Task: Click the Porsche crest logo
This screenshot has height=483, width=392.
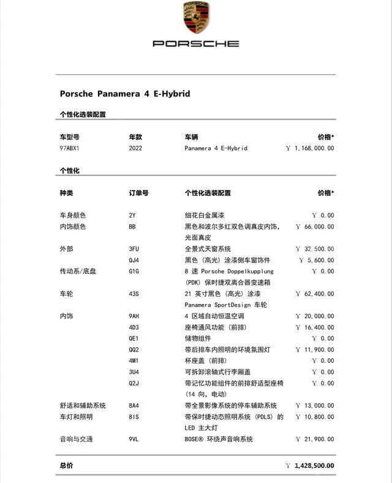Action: tap(196, 18)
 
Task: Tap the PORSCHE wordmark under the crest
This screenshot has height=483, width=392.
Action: tap(196, 44)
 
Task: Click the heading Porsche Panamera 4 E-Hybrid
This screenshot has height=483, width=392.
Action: tap(125, 94)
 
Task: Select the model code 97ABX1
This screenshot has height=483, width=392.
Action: tap(70, 148)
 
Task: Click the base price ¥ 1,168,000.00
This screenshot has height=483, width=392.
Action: tap(310, 148)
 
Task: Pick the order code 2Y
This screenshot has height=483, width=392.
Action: tap(132, 215)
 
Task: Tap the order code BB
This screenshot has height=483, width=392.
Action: tap(132, 227)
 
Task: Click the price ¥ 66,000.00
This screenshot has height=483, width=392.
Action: tap(315, 227)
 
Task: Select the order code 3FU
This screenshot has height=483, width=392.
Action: tap(134, 249)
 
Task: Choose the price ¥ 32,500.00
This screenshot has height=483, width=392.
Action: tap(315, 249)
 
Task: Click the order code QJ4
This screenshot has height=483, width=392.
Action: tap(134, 260)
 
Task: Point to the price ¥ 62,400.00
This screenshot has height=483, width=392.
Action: tap(315, 294)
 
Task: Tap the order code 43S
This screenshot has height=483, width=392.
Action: tap(134, 294)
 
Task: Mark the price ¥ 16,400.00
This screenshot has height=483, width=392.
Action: tap(315, 327)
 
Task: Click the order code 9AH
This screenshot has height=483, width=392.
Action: tap(134, 316)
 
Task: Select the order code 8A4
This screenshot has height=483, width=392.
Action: tap(134, 406)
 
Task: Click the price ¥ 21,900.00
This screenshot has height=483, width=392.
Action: tap(315, 439)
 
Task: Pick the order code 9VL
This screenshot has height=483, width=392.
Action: tap(134, 439)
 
